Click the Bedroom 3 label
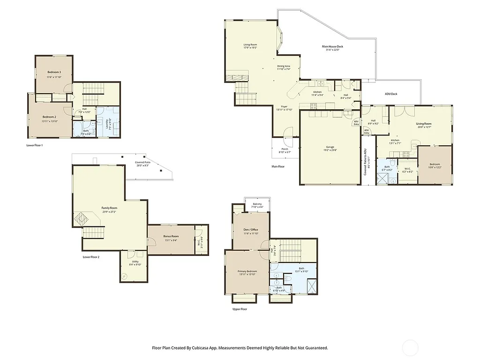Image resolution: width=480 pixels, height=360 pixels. (54, 72)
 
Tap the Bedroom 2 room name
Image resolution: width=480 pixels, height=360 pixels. (49, 117)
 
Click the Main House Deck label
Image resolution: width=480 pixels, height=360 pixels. (333, 46)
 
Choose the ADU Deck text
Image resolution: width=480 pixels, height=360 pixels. (391, 94)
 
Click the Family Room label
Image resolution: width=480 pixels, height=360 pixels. (109, 208)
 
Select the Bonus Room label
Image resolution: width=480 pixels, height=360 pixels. (171, 236)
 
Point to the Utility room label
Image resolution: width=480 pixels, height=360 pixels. (135, 262)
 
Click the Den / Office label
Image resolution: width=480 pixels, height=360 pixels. (251, 230)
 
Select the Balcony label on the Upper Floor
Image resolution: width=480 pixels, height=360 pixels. (257, 204)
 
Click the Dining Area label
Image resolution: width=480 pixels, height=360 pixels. (284, 66)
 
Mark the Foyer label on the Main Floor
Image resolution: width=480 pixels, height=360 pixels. (284, 107)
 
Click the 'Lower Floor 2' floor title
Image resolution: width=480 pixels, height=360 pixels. (91, 257)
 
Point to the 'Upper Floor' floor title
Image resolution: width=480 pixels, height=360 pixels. (240, 309)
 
